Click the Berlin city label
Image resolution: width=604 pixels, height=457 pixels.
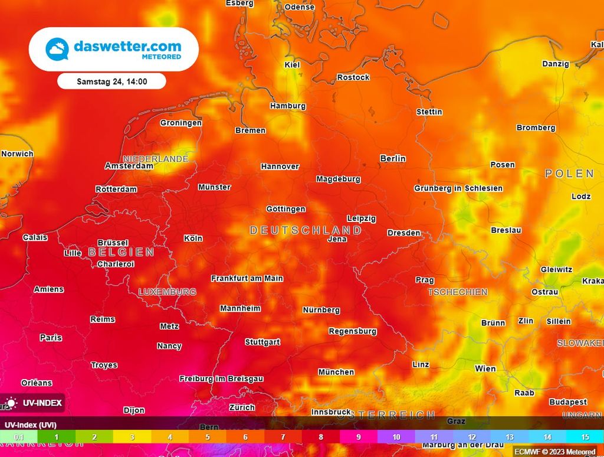393,158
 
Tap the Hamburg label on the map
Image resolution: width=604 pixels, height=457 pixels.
288,106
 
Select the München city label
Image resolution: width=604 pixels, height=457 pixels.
336,372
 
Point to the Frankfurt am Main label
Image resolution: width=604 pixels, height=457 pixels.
247,278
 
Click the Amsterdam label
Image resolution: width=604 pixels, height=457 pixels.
129,166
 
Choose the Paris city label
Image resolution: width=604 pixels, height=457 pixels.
51,338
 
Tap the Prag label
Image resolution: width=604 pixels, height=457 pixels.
425,280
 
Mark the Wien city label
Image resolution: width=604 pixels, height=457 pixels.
485,368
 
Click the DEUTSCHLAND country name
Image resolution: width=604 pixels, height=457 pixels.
306,230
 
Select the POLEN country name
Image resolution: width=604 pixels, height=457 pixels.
569,174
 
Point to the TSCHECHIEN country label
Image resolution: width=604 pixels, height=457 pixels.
458,292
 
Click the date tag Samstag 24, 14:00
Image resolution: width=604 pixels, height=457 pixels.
112,81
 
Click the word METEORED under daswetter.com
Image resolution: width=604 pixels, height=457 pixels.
161,57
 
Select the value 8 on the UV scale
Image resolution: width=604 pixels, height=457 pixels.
321,438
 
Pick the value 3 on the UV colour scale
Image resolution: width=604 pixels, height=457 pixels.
132,438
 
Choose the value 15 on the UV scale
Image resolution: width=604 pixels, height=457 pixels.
585,438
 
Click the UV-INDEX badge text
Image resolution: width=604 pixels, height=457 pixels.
42,403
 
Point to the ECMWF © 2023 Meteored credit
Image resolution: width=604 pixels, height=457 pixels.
555,452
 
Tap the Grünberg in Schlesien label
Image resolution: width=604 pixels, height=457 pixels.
458,188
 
